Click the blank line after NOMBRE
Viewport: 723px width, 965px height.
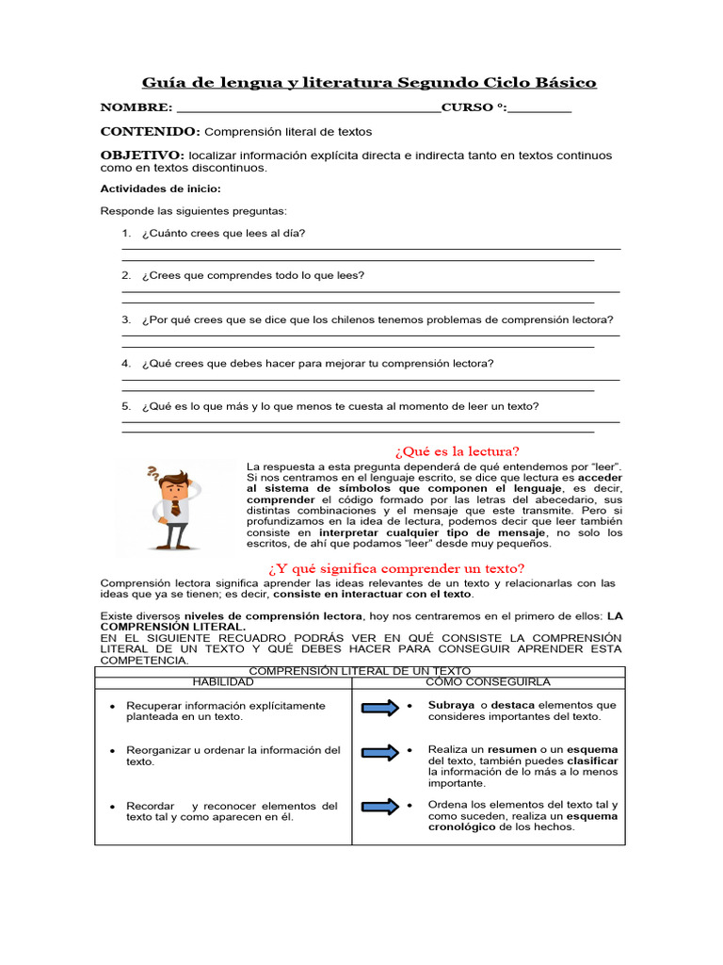click(307, 109)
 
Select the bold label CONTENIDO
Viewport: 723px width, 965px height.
click(150, 132)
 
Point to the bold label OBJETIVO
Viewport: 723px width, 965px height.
click(142, 155)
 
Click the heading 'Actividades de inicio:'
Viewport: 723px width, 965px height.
click(160, 188)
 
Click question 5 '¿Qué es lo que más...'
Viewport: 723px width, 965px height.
click(340, 406)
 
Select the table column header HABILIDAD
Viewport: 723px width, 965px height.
click(223, 681)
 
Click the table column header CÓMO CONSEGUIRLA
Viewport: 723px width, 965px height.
click(488, 681)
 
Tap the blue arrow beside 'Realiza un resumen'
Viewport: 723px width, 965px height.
click(379, 752)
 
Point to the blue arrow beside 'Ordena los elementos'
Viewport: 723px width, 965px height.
click(379, 807)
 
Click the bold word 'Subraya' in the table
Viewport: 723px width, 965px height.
click(451, 705)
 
